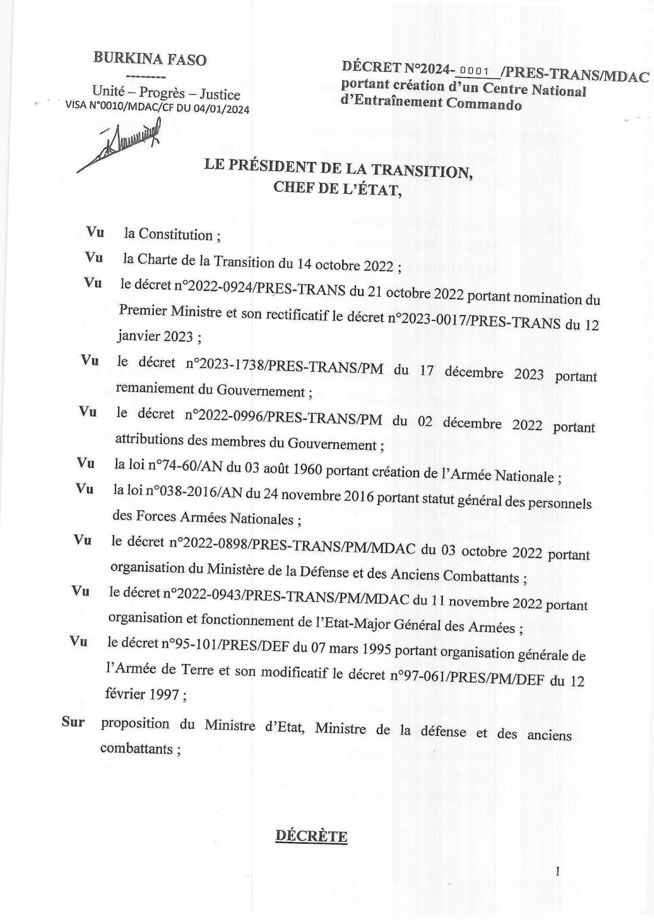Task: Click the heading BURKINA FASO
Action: [150, 59]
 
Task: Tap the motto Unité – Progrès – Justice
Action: [166, 94]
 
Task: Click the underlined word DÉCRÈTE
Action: [311, 836]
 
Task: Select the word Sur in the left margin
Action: [73, 722]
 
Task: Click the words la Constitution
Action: [169, 235]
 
